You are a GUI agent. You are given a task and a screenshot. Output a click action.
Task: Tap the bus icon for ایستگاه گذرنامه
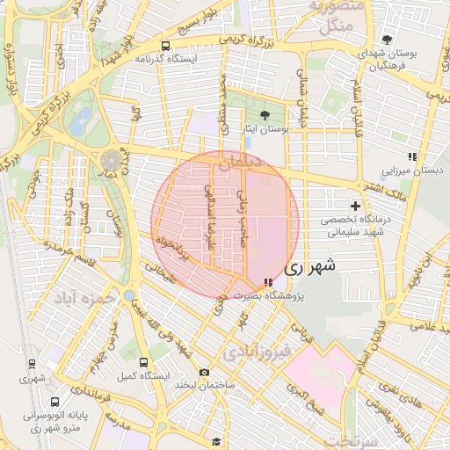click(165, 45)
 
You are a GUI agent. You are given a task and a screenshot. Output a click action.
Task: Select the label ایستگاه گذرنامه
click(164, 58)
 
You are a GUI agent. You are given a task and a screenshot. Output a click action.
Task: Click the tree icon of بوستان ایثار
click(265, 114)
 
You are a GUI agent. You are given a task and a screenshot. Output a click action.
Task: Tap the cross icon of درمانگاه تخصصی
click(355, 205)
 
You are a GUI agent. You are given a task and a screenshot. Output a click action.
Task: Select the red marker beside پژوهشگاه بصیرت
click(267, 282)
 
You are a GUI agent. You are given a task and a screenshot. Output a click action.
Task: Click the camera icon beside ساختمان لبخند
click(204, 372)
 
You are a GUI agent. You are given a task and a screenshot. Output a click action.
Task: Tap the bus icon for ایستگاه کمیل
click(143, 361)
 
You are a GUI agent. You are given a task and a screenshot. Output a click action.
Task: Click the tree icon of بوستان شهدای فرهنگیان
click(387, 40)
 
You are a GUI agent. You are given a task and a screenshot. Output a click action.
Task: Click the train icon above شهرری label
click(32, 363)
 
